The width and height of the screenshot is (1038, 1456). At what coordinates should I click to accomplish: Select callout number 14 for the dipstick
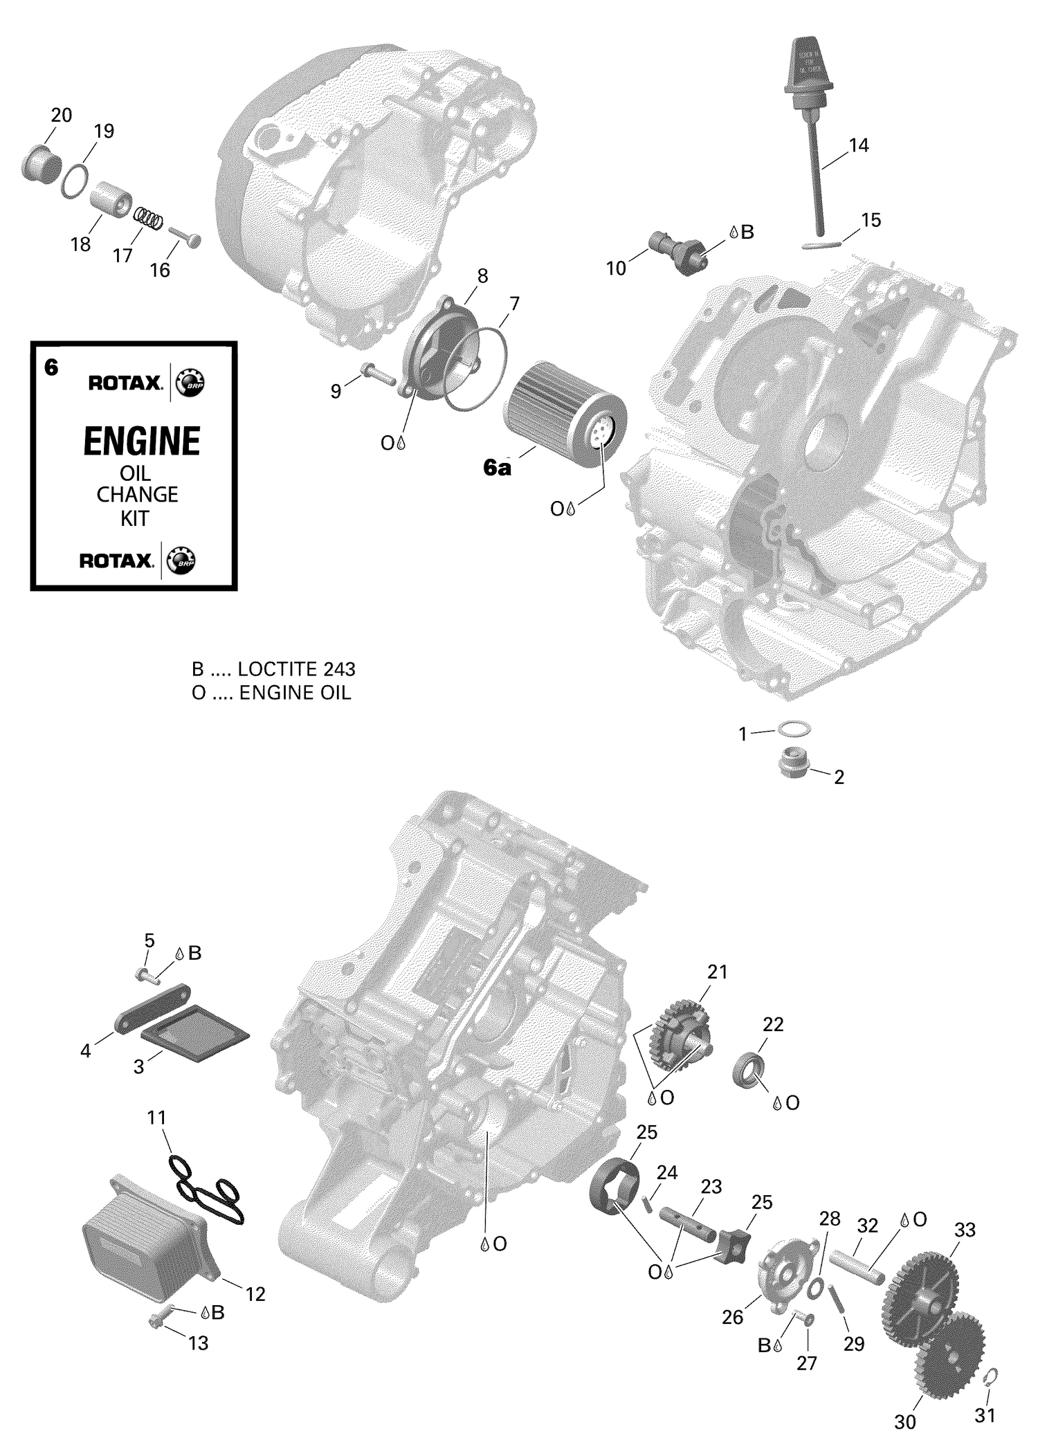tap(858, 145)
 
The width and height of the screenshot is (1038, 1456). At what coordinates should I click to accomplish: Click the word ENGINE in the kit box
tap(142, 442)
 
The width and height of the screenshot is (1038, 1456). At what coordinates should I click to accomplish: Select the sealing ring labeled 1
tap(794, 729)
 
